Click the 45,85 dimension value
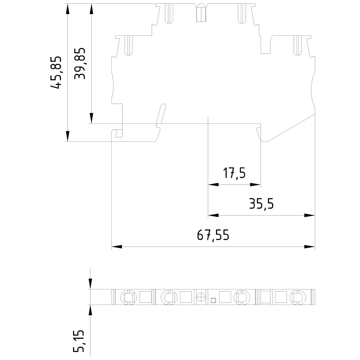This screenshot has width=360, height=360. click(x=57, y=72)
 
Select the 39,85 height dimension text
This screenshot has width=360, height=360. click(x=80, y=64)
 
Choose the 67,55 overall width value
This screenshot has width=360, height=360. click(x=213, y=235)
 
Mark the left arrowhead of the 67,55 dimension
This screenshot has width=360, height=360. click(x=116, y=247)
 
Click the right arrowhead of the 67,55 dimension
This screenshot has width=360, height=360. click(x=310, y=247)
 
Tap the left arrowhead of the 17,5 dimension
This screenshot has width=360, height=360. click(x=213, y=185)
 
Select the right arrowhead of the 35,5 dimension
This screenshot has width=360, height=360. click(x=310, y=215)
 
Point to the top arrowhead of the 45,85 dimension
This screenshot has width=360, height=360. click(x=67, y=9)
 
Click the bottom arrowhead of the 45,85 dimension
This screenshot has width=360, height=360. click(x=67, y=136)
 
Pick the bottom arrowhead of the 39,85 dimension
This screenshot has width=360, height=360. click(x=91, y=118)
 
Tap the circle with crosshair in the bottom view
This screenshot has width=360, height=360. click(x=201, y=297)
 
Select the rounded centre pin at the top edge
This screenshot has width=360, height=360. click(x=200, y=13)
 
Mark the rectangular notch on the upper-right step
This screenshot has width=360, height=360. click(x=266, y=45)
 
